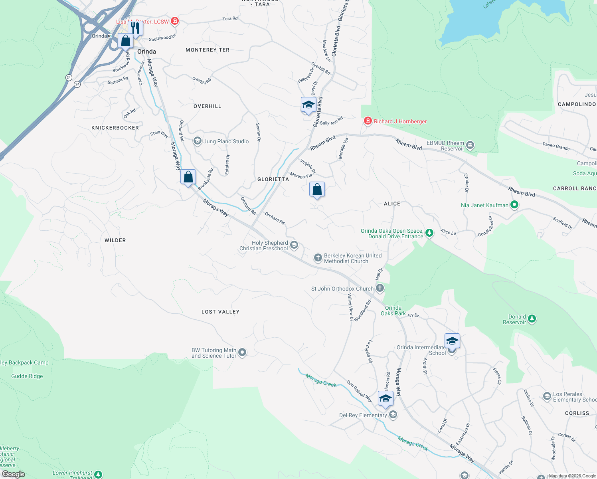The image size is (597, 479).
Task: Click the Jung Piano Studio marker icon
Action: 197,141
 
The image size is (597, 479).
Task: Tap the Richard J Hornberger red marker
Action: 368,121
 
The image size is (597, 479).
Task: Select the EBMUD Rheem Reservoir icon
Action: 470,145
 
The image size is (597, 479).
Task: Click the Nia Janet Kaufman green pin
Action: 514,205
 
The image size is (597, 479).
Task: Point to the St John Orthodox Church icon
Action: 380,288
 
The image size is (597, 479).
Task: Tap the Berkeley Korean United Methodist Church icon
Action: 318,258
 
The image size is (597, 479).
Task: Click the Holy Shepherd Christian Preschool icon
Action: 294,245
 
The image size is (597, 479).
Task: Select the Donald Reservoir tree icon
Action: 532,319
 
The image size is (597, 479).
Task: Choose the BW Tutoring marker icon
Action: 242,352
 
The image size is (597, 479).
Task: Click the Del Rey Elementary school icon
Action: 393,415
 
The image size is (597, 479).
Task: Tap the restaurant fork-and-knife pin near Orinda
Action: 135,28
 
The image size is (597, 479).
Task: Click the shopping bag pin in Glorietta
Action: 317,189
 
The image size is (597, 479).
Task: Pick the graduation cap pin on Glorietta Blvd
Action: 308,105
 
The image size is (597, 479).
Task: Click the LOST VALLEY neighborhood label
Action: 220,312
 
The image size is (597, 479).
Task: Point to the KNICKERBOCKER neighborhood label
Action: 115,128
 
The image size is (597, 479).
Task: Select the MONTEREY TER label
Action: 208,50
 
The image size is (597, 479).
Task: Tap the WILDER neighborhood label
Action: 115,240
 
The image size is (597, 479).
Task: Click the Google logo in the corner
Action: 13,474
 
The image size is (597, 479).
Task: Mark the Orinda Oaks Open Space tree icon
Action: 429,233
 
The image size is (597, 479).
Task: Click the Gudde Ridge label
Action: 27,376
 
